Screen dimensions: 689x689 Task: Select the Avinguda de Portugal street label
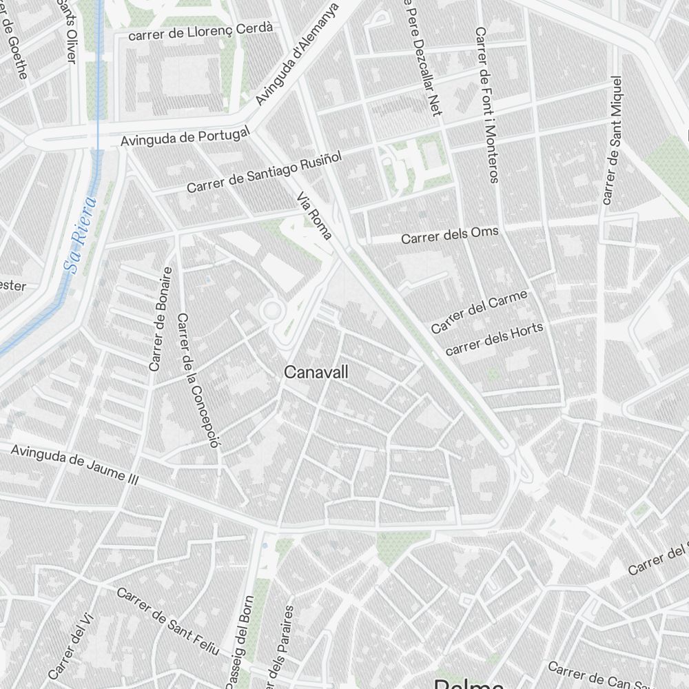point(184,136)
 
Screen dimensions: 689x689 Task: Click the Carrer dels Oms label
point(449,235)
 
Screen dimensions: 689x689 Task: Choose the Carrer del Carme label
point(480,311)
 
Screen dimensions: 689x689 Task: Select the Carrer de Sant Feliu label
point(167,621)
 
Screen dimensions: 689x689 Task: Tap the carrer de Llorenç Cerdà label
point(201,30)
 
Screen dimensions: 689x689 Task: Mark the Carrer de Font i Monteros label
point(486,105)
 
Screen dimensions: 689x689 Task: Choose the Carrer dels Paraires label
point(282,648)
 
